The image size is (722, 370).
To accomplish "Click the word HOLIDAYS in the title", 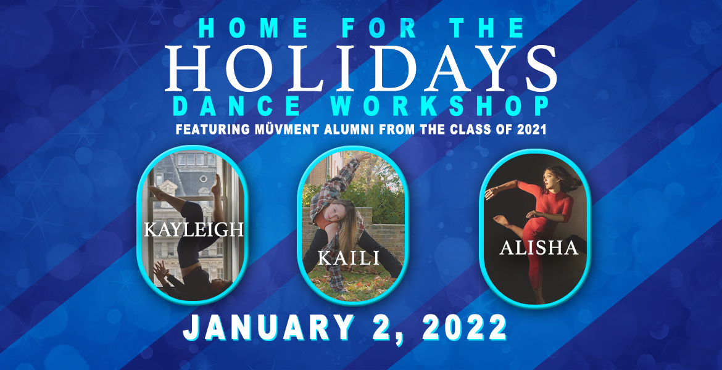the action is (360, 68).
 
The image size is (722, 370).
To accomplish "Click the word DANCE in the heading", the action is (238, 106).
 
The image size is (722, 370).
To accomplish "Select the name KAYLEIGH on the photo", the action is (193, 229).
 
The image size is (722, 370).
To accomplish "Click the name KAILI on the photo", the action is (349, 258).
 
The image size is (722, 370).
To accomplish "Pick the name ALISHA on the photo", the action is (539, 247).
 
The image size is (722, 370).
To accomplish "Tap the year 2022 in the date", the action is (463, 328).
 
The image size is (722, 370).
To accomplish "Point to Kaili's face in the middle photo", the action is (334, 213).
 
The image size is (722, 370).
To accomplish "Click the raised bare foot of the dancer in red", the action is (502, 221).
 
